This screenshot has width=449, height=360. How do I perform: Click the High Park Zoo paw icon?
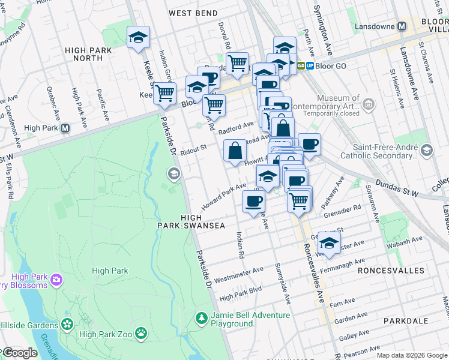[140, 332]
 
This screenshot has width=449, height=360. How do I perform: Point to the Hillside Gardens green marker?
[67, 325]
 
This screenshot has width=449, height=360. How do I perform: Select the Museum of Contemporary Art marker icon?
[368, 105]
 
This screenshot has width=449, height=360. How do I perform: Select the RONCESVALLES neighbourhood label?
[390, 271]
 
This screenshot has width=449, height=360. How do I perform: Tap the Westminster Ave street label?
[238, 274]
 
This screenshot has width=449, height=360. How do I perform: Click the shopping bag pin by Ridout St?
[235, 151]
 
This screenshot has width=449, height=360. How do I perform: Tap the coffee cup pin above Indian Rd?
[253, 201]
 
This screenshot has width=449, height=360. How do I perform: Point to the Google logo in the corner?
[19, 353]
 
